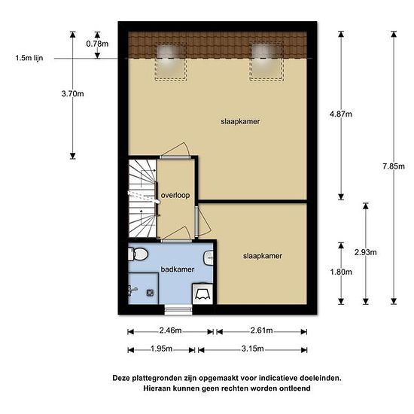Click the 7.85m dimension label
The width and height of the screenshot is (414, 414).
click(394, 166)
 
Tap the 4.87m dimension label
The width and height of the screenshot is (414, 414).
click(341, 114)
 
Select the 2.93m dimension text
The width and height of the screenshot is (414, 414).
click(365, 252)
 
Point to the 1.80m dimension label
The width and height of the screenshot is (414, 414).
click(341, 272)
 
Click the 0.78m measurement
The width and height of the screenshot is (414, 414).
click(97, 44)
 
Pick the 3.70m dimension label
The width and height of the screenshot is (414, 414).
click(72, 93)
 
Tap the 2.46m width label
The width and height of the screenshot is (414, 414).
click(170, 330)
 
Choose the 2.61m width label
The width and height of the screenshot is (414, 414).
click(261, 330)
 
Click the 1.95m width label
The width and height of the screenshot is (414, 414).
click(161, 349)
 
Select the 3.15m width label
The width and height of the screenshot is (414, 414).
click(252, 349)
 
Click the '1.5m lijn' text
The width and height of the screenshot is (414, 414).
click(29, 58)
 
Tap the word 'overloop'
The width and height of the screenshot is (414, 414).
click(175, 195)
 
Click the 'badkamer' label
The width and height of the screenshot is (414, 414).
click(178, 269)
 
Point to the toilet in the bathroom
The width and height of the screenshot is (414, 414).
click(138, 254)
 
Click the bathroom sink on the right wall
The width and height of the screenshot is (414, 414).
click(209, 257)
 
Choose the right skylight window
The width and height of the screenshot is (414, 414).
click(266, 61)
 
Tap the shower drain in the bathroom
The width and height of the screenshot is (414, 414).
click(151, 293)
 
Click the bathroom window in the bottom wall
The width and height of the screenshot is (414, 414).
click(178, 309)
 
